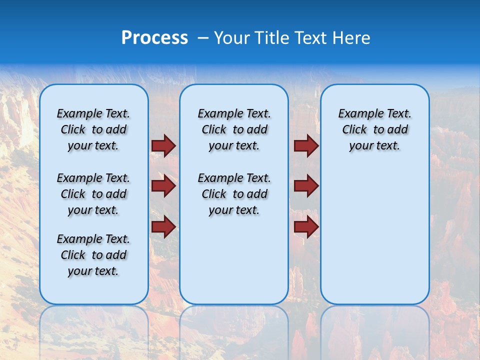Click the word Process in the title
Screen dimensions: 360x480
[x=154, y=38]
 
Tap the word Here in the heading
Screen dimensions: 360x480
[x=352, y=38]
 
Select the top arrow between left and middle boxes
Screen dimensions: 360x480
[x=163, y=145]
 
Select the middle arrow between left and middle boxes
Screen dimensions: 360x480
[x=163, y=186]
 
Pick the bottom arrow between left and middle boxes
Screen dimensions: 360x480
[x=163, y=226]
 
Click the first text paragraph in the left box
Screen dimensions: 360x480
[x=93, y=129]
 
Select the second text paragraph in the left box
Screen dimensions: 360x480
[x=93, y=194]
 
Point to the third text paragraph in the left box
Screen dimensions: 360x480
[x=93, y=255]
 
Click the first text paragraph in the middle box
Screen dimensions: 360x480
[x=234, y=129]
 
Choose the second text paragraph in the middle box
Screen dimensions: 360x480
[x=234, y=194]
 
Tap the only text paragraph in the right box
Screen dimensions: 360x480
[x=374, y=129]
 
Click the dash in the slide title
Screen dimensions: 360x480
[x=203, y=38]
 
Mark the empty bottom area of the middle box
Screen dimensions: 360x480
[x=234, y=265]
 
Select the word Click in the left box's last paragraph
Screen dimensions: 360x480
[x=73, y=255]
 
